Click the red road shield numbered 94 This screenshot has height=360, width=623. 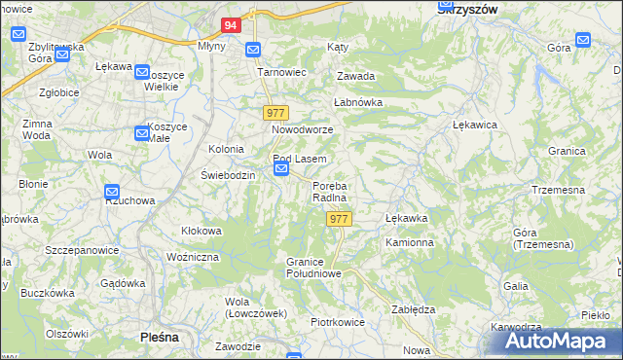click(231, 25)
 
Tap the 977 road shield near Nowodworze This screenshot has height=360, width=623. click(275, 113)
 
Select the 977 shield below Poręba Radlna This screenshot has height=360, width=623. click(339, 220)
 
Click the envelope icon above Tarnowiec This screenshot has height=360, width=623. click(253, 51)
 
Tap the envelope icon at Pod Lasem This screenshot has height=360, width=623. click(281, 170)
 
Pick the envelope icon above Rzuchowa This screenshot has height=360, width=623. click(112, 193)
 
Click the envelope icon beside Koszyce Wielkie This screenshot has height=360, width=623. click(142, 73)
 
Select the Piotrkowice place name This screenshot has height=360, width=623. click(337, 321)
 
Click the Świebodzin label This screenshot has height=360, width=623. click(228, 175)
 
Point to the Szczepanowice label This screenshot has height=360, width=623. click(82, 250)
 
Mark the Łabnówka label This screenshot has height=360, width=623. click(358, 101)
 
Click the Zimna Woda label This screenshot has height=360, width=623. click(36, 129)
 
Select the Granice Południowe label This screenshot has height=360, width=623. click(312, 268)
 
